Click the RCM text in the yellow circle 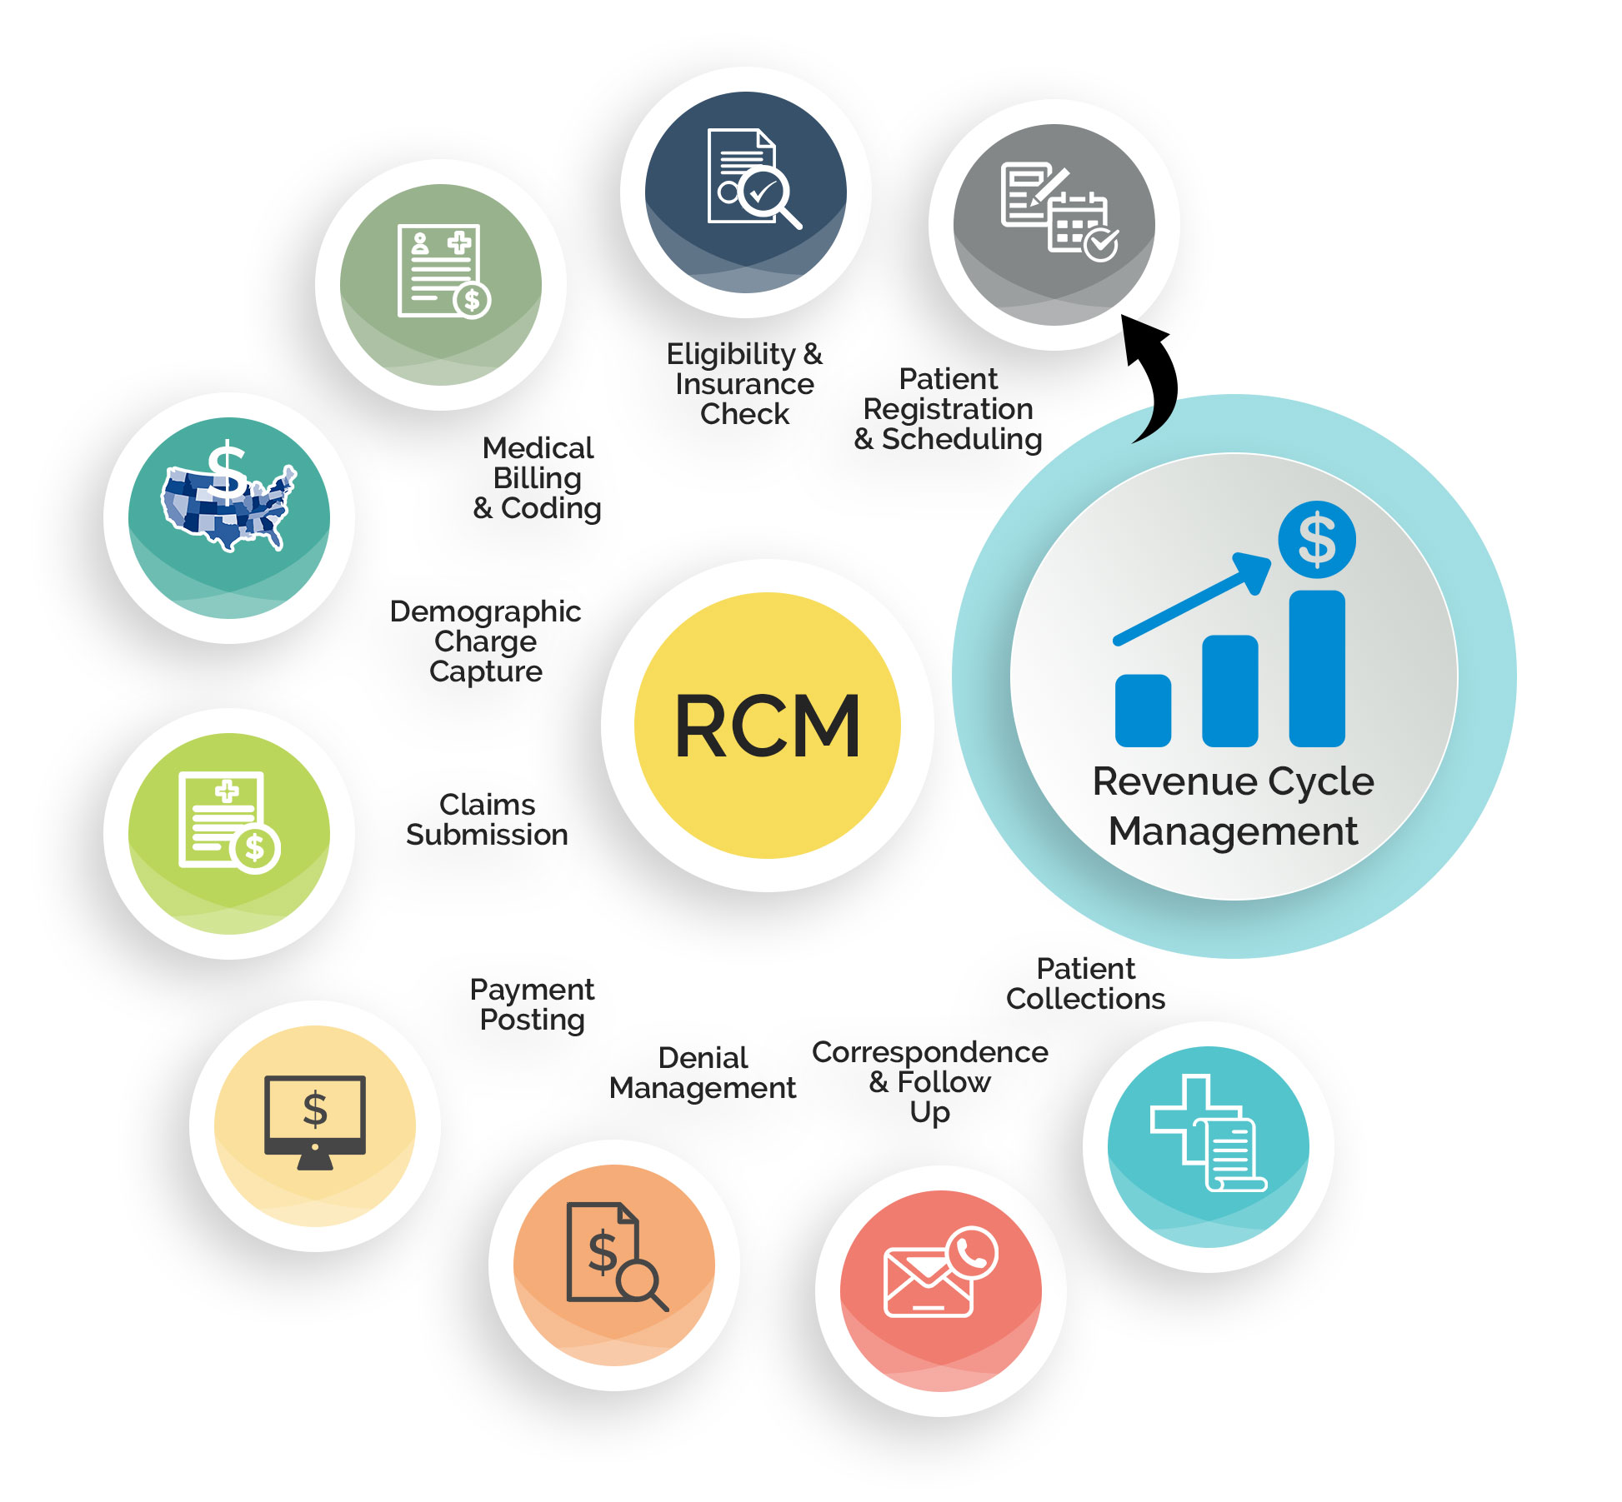[x=767, y=726]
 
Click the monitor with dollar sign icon [x=314, y=1120]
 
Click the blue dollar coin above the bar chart [x=1316, y=540]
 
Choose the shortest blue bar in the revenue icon [x=1142, y=710]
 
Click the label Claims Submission [x=487, y=820]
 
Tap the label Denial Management [x=702, y=1073]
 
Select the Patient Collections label [x=1085, y=984]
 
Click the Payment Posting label [x=532, y=1005]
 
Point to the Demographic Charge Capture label [x=485, y=641]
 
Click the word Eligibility [x=731, y=354]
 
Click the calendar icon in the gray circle [x=1079, y=225]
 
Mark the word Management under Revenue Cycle [x=1233, y=831]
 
